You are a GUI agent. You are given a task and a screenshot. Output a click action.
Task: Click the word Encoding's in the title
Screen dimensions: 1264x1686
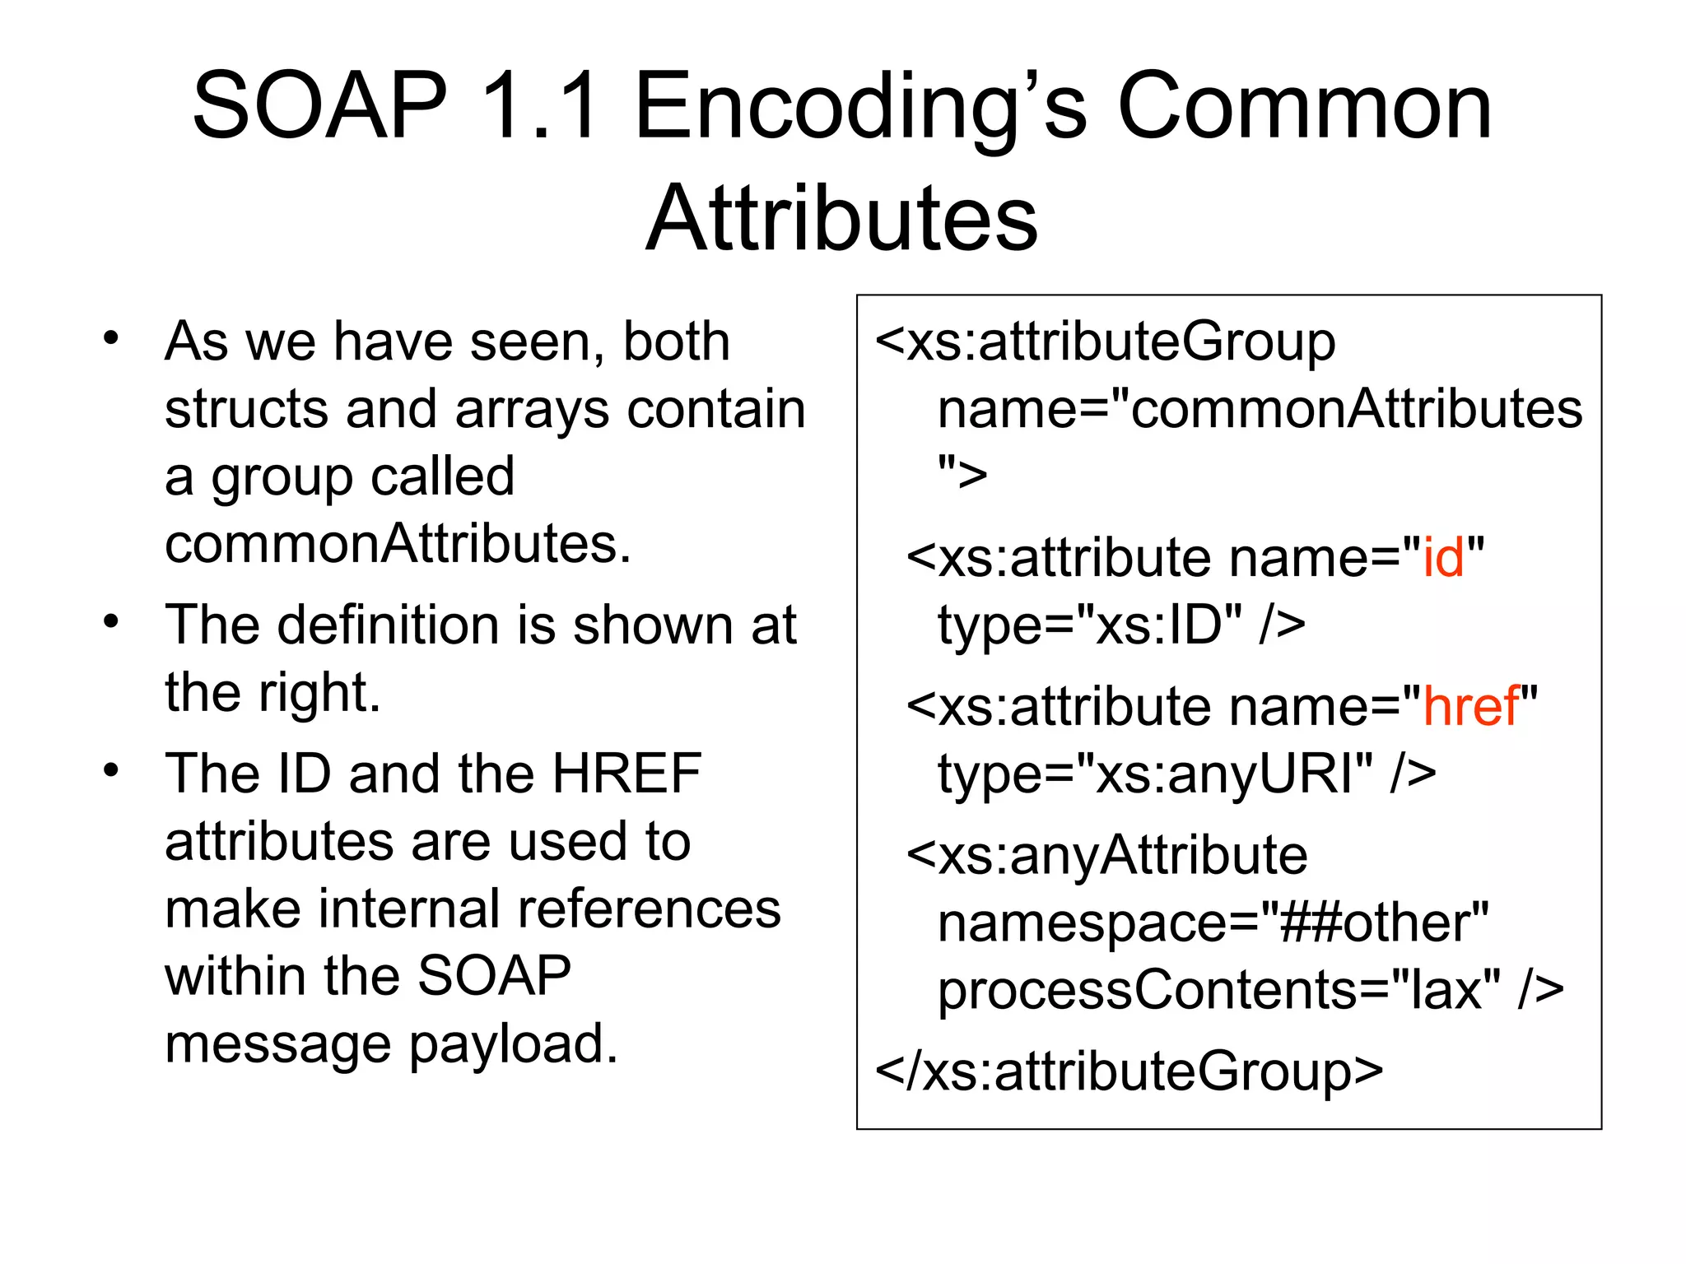click(860, 107)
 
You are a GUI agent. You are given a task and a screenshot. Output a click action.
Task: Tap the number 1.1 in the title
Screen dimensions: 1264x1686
click(540, 107)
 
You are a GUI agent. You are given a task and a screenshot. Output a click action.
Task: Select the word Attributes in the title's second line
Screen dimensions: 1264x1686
click(841, 218)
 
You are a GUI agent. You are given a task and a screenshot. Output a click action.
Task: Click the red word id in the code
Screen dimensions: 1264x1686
click(1443, 557)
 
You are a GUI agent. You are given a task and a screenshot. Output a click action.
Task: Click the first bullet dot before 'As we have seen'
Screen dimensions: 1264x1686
click(111, 338)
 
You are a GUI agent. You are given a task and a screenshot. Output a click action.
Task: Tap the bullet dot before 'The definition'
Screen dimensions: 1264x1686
click(111, 621)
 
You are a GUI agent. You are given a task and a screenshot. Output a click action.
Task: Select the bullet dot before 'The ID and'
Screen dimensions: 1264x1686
click(111, 770)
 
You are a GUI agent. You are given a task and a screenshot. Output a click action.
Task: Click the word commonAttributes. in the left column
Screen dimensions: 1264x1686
click(398, 544)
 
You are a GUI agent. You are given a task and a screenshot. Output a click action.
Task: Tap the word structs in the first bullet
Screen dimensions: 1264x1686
click(247, 409)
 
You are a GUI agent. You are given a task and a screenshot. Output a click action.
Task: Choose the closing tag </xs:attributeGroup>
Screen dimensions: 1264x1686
click(1129, 1071)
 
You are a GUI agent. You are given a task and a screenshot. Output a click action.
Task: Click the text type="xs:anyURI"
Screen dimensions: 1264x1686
click(1155, 774)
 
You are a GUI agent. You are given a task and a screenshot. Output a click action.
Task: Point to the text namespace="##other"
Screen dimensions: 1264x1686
click(1213, 923)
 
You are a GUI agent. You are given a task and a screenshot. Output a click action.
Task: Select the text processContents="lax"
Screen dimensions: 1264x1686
click(1218, 990)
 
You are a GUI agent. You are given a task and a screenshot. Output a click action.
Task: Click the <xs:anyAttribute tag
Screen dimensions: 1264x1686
click(1106, 856)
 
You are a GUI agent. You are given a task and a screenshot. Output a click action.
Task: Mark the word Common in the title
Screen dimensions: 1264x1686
click(1304, 107)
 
